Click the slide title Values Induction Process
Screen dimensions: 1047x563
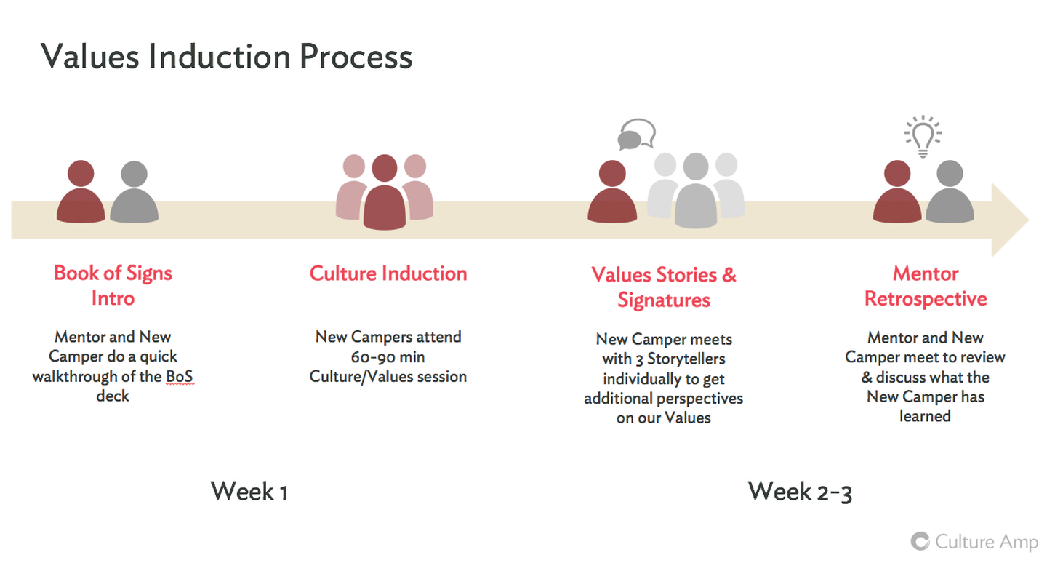[x=227, y=57]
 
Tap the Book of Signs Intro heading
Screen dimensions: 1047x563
[x=113, y=286]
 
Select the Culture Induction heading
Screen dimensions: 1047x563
[x=388, y=273]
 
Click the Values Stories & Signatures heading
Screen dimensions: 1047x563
[x=664, y=287]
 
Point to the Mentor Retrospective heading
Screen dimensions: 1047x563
[x=926, y=286]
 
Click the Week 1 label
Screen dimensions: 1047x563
[x=249, y=492]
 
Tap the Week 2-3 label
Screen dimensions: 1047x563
[x=800, y=492]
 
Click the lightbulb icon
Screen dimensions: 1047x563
[x=923, y=136]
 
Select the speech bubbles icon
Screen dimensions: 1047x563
[x=637, y=134]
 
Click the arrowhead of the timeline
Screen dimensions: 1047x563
[x=1010, y=220]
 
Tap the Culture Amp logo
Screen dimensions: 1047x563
[x=974, y=542]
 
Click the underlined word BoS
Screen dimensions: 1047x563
[x=180, y=377]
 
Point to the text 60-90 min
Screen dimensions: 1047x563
[x=388, y=357]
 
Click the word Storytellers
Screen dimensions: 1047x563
[x=686, y=359]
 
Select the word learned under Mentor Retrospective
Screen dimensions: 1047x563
[x=925, y=416]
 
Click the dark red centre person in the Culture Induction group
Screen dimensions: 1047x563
[x=385, y=193]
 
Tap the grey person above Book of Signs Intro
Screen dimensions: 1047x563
[x=134, y=192]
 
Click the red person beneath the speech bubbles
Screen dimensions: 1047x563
[x=612, y=191]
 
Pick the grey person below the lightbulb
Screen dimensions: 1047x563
[x=950, y=191]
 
